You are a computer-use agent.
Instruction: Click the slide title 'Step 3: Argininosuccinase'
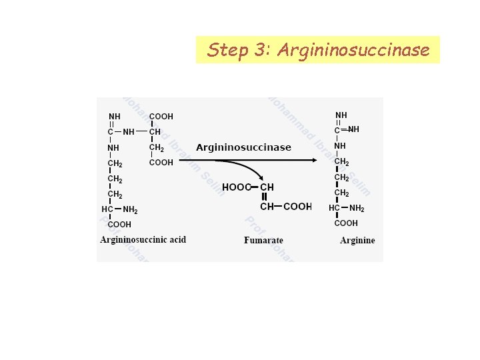coord(318,50)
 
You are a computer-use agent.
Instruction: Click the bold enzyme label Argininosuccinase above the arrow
coord(243,147)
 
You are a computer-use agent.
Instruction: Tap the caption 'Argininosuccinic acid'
coord(143,240)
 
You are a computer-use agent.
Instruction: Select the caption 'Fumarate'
coord(263,241)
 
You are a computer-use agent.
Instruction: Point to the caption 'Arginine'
coord(357,241)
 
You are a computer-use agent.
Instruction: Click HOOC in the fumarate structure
coord(236,187)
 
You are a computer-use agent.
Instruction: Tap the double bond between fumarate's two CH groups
coord(265,197)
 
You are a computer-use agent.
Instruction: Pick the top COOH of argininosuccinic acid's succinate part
coord(161,116)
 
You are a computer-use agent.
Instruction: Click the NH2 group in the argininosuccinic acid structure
coord(131,210)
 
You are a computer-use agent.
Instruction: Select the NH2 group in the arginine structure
coord(357,209)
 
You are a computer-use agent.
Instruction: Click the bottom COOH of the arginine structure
coord(346,223)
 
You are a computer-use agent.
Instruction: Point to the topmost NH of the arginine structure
coord(341,115)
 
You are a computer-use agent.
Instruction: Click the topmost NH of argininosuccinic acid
coord(115,117)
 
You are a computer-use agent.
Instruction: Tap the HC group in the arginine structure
coord(335,208)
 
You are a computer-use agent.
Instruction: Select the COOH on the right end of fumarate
coord(297,207)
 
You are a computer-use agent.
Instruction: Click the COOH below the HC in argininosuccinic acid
coord(119,225)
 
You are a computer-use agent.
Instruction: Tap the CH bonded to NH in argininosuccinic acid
coord(155,131)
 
